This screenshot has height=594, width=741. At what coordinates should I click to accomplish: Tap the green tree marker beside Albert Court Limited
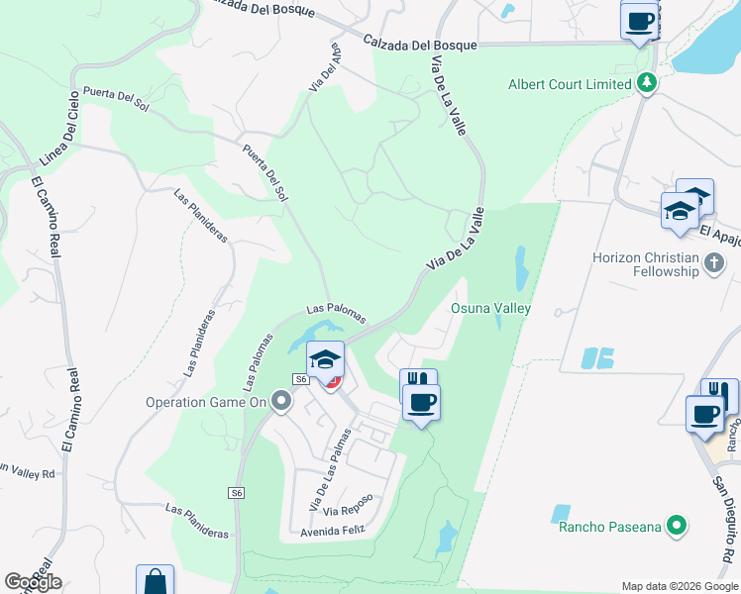click(x=648, y=83)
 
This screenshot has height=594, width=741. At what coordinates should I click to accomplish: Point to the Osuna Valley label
click(x=491, y=308)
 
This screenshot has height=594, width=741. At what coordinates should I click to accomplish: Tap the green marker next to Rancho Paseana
click(x=678, y=525)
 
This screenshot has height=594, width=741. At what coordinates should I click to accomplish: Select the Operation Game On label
click(x=206, y=402)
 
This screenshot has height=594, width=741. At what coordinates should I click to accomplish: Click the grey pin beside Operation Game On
click(x=281, y=401)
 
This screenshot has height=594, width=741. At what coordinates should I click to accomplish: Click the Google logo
click(x=33, y=582)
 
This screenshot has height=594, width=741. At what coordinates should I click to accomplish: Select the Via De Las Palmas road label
click(x=330, y=469)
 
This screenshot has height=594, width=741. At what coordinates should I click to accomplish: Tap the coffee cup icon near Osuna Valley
click(x=421, y=403)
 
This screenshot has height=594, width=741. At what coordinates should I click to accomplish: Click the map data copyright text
click(x=679, y=586)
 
